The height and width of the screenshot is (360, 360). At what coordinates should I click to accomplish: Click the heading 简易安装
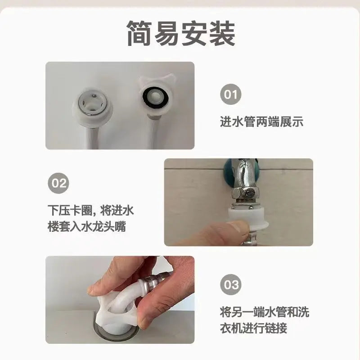pos(180,33)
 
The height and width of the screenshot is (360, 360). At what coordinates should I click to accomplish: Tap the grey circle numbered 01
pos(230,94)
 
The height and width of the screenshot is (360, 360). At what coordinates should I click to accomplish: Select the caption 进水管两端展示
pos(261,122)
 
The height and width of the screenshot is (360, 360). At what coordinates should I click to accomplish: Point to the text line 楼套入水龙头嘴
pos(86,226)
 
